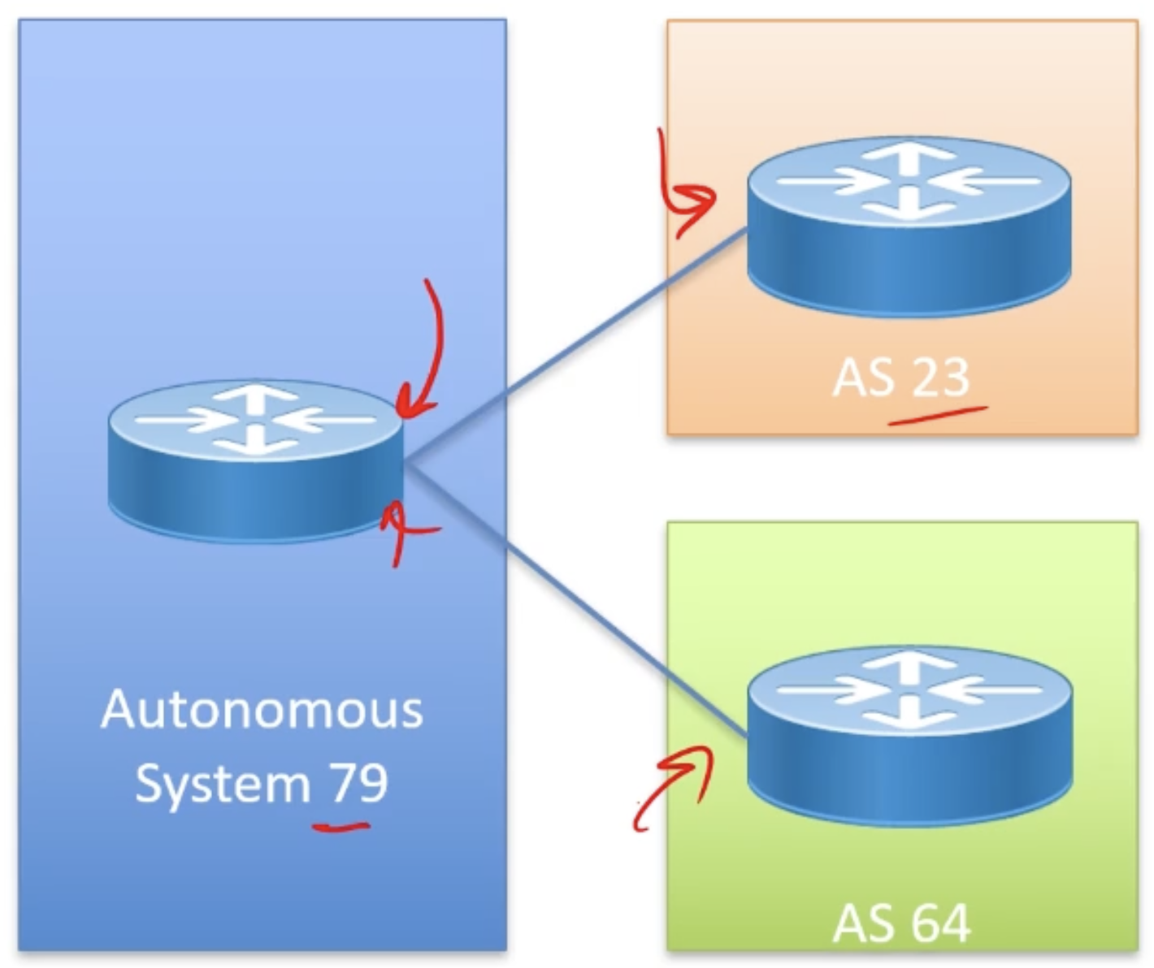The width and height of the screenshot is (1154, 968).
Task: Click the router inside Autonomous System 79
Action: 255,460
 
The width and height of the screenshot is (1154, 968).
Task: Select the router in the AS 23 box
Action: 909,226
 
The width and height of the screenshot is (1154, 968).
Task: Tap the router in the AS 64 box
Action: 909,735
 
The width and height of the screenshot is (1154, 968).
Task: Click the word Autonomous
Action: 262,710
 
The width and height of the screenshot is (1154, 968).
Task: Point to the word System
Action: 223,784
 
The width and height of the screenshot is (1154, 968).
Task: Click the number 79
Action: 358,782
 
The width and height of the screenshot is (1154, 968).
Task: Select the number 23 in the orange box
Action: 940,377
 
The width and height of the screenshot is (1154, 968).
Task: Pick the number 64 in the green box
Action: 940,923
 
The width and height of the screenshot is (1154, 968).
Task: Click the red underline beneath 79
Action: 342,828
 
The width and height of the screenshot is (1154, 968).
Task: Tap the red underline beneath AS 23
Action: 938,415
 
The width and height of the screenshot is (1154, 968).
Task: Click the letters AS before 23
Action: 862,377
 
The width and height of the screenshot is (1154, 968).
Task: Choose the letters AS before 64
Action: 862,923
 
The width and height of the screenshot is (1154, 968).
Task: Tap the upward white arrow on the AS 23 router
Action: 909,156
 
